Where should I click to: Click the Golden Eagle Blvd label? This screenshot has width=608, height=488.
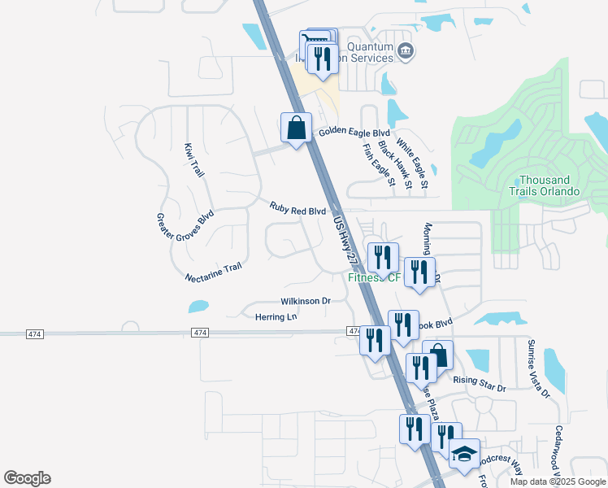(354, 133)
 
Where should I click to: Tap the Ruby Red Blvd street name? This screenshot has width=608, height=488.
(297, 210)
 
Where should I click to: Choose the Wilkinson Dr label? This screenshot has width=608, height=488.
(306, 301)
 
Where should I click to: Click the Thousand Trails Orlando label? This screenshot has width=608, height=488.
(549, 185)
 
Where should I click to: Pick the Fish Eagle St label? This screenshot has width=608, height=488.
(379, 165)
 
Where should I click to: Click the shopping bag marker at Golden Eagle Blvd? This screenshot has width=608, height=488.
(296, 128)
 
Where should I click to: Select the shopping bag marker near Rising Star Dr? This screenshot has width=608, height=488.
(437, 355)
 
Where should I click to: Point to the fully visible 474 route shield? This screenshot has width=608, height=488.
(201, 333)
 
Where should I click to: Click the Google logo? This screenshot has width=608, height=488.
(27, 478)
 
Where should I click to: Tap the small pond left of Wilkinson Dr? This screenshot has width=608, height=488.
(198, 307)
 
